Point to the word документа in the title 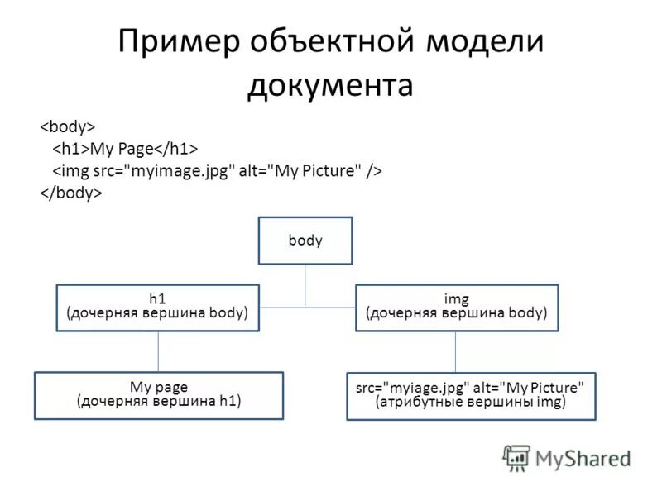point(329,85)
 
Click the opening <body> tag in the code point(69,126)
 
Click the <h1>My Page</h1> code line point(126,149)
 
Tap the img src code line point(218,170)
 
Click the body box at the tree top point(305,241)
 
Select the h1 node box point(157,308)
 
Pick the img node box point(457,308)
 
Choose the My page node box point(159,395)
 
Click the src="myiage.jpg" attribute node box point(470,396)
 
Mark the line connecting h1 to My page point(158,351)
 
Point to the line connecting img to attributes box point(455,352)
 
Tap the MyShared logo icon point(516,457)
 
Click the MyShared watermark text point(583,458)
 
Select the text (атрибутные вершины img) point(470,403)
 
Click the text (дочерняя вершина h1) point(159,403)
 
